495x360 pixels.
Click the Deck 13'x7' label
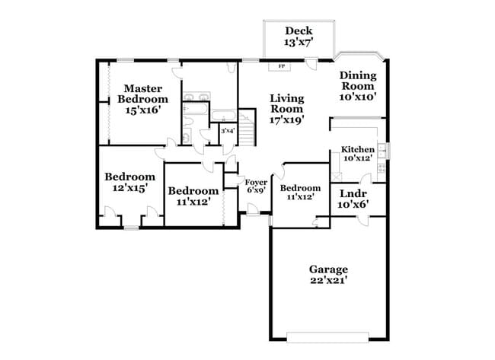click(x=299, y=37)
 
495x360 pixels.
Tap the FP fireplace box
click(x=281, y=66)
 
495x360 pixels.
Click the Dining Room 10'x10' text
click(x=357, y=85)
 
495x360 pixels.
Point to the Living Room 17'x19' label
click(x=287, y=109)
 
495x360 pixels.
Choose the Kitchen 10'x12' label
click(x=357, y=154)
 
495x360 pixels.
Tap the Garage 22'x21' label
click(x=328, y=275)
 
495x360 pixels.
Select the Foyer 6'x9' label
click(x=256, y=186)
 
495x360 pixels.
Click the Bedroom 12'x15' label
click(x=125, y=182)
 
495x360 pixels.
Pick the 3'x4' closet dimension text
click(x=227, y=131)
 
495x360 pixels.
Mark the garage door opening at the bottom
click(x=328, y=335)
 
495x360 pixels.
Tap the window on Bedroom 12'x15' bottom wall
click(x=132, y=227)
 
